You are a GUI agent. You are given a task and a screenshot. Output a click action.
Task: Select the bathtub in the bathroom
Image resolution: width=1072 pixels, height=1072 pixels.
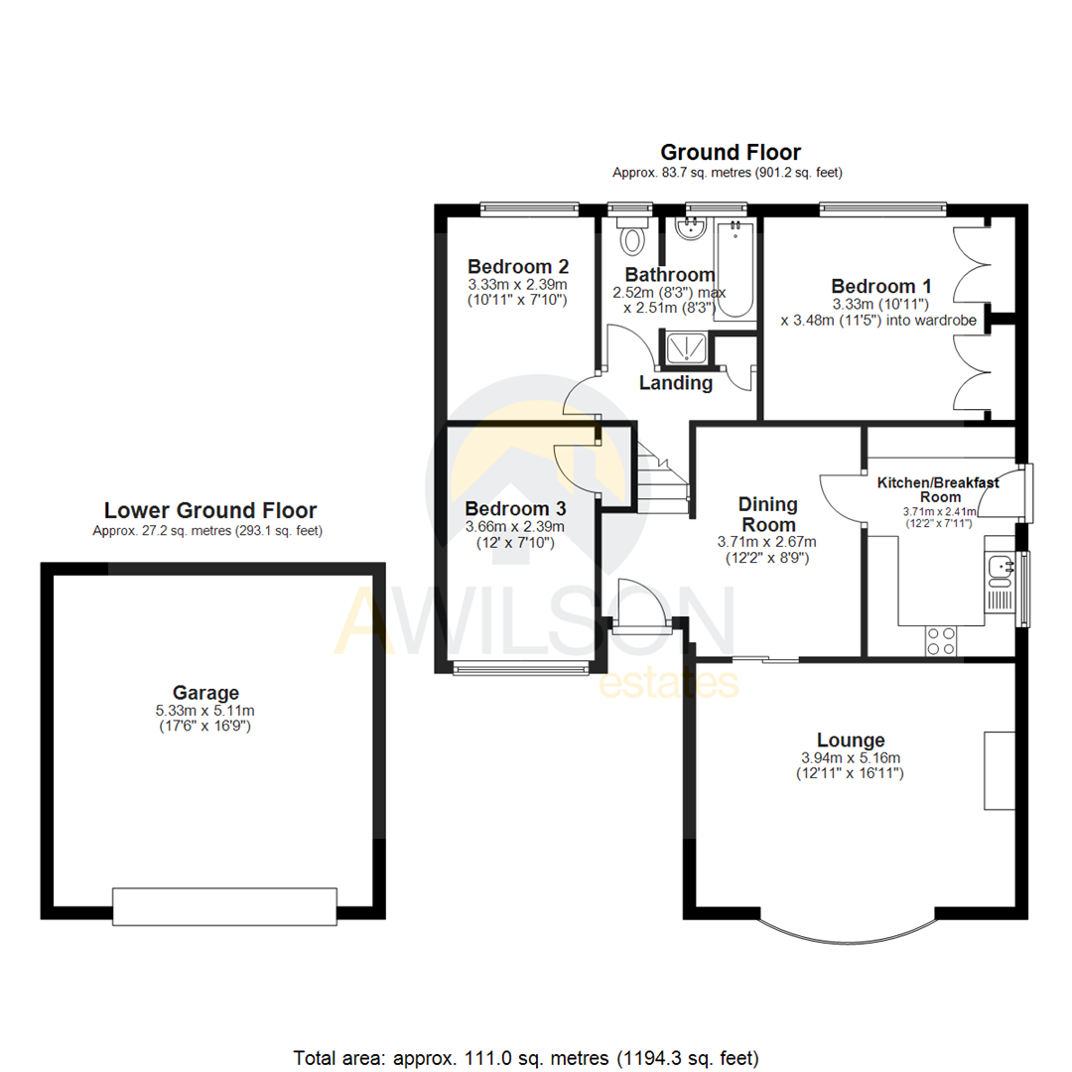click(x=736, y=268)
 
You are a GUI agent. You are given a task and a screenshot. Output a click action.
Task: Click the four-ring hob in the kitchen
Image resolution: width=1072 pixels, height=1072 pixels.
click(x=941, y=641)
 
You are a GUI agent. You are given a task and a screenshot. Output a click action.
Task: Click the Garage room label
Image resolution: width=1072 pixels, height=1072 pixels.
click(x=205, y=692)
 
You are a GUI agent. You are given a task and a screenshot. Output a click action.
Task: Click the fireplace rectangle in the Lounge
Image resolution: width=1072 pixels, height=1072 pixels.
click(x=998, y=770)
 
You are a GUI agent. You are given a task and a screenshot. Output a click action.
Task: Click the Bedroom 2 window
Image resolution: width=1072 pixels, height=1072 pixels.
click(x=529, y=208)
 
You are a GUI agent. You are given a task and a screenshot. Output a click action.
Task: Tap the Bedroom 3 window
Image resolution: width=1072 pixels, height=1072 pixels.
click(x=521, y=669)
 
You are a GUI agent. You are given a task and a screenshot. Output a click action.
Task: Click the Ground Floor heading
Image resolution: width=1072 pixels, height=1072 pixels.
click(x=731, y=152)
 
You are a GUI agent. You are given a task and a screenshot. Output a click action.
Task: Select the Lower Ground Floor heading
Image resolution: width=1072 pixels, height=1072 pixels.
click(x=210, y=510)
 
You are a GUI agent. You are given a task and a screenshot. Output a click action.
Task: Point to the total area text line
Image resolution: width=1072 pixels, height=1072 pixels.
click(x=526, y=1055)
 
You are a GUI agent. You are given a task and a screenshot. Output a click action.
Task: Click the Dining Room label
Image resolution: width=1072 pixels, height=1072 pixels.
click(x=767, y=514)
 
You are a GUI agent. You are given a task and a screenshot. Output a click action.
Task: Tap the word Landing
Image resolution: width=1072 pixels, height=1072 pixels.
click(x=675, y=383)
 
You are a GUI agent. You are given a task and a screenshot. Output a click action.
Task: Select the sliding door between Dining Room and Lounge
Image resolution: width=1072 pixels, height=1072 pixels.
click(x=765, y=658)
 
